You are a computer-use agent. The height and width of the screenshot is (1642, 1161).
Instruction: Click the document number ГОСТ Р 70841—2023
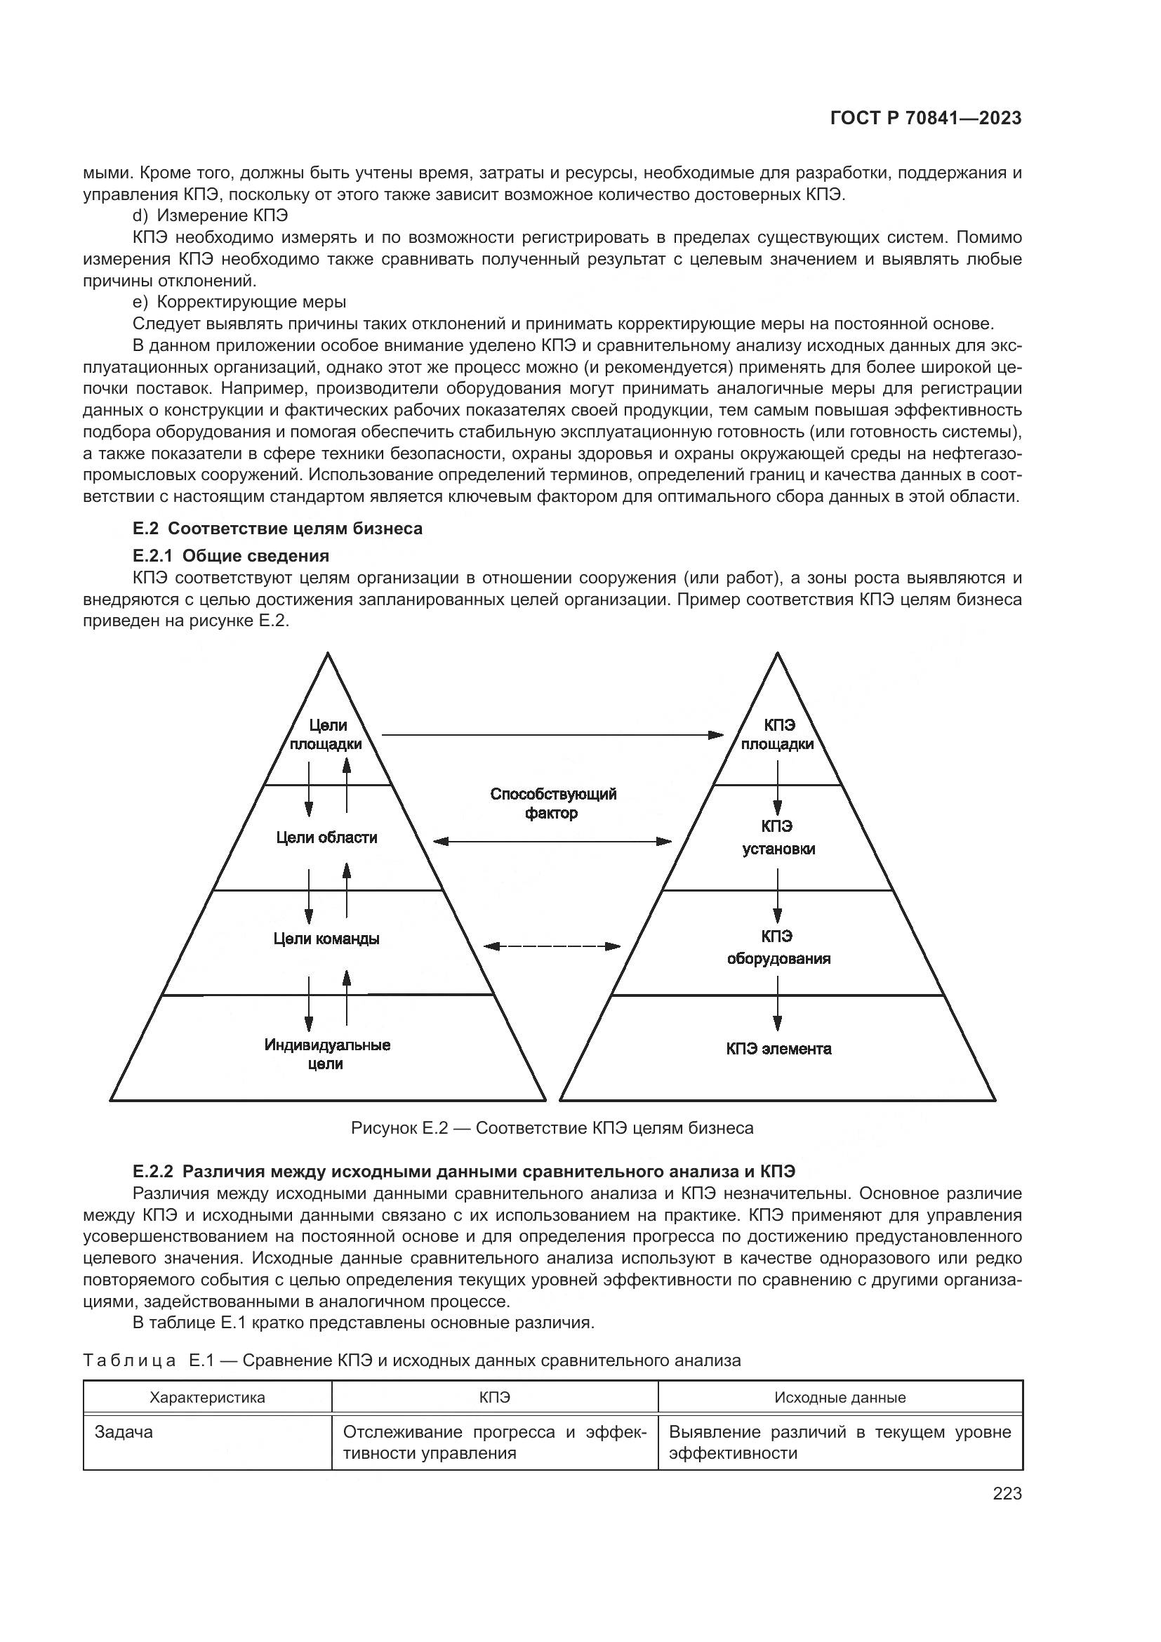[926, 119]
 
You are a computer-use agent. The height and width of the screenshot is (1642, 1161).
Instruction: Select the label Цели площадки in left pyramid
[326, 734]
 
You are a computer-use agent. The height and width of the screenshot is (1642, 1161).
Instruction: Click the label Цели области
[326, 837]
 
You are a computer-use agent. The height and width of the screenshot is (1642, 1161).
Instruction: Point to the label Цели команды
[326, 939]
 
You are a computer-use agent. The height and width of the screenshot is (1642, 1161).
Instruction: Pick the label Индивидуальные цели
[326, 1054]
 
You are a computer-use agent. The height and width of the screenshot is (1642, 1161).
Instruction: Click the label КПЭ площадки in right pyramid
[777, 734]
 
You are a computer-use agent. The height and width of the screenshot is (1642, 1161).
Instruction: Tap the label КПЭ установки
[778, 837]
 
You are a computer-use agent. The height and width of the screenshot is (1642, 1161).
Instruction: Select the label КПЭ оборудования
[778, 948]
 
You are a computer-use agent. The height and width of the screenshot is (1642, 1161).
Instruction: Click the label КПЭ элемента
[778, 1049]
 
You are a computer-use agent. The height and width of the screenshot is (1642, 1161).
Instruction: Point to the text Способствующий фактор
[552, 803]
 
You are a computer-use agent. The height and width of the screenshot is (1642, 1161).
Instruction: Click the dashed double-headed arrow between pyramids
[552, 946]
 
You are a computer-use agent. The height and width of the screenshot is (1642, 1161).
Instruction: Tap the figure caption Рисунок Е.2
[552, 1128]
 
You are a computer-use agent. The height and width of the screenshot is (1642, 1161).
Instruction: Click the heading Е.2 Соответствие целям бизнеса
[277, 529]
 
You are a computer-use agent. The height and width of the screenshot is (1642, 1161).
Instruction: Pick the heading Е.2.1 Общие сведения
[231, 556]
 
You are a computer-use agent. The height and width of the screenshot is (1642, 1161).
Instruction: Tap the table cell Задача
[124, 1433]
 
